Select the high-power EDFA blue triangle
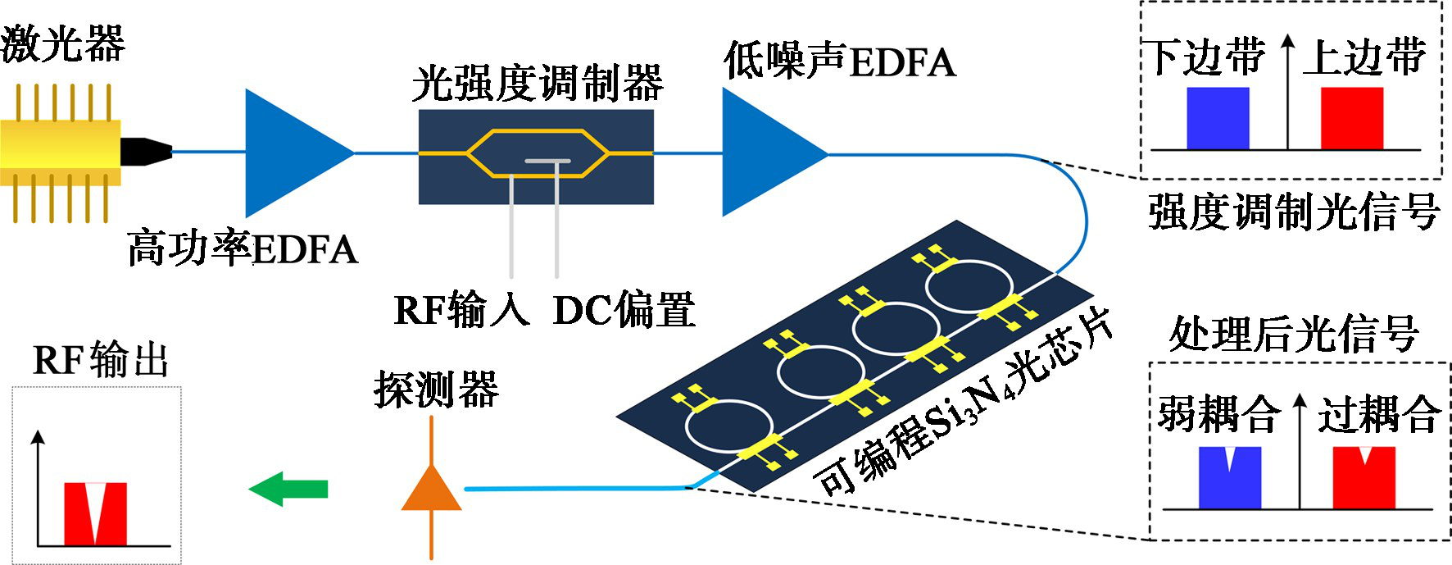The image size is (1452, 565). click(x=291, y=153)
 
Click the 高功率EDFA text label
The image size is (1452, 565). click(x=243, y=249)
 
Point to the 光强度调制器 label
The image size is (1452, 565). click(x=537, y=84)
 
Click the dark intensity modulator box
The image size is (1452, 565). click(x=536, y=157)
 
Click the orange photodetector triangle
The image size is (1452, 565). click(x=431, y=490)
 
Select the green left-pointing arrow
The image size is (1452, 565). click(x=288, y=490)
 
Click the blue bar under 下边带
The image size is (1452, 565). click(x=1218, y=119)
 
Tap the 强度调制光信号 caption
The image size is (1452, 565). click(x=1293, y=212)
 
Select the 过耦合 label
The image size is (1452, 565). click(x=1378, y=413)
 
